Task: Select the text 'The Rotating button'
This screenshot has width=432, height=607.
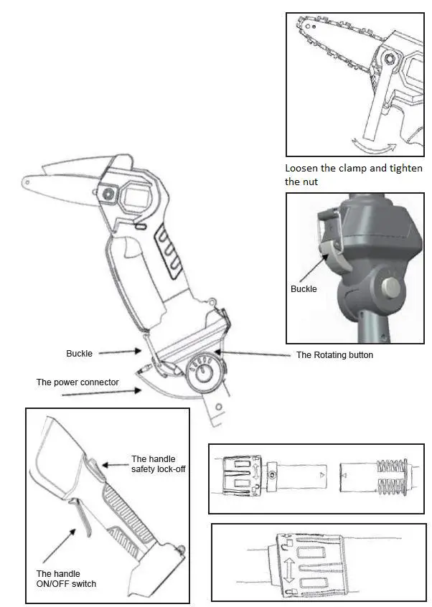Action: (334, 355)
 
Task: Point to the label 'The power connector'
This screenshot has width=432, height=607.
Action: (78, 382)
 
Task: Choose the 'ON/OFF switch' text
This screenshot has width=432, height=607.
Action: (66, 583)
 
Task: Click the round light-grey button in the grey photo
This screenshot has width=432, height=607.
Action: (392, 288)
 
